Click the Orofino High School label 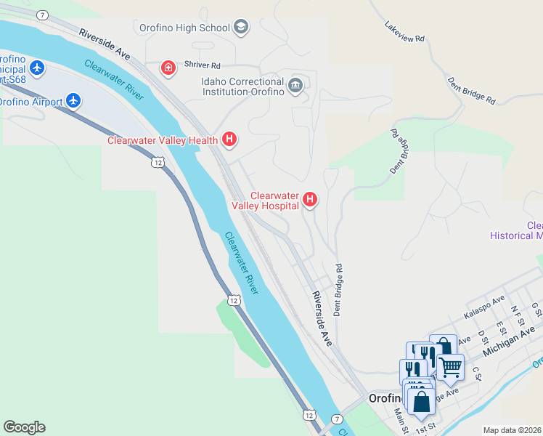[x=184, y=28]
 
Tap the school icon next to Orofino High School [x=241, y=28]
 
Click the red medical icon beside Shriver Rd [x=168, y=68]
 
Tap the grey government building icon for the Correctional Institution [x=295, y=86]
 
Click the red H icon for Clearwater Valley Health [x=229, y=139]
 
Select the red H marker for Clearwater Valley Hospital [x=310, y=198]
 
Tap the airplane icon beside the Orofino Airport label [x=73, y=100]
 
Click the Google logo [x=24, y=427]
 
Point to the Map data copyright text [x=512, y=430]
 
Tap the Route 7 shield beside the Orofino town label [x=337, y=419]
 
